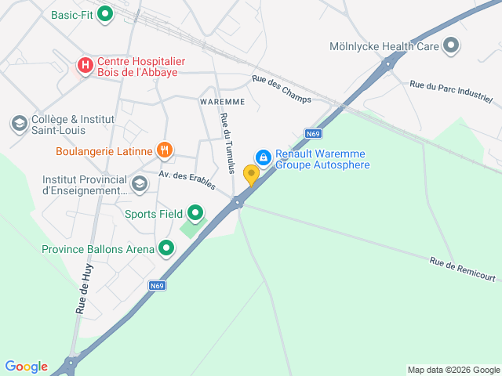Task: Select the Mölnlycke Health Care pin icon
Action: (x=451, y=46)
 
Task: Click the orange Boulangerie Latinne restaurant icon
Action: (x=164, y=150)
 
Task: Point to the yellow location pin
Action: (x=251, y=174)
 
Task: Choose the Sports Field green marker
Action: (x=195, y=213)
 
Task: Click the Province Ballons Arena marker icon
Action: (x=166, y=249)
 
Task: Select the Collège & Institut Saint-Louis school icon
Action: (x=19, y=124)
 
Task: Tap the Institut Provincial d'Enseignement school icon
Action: (x=140, y=184)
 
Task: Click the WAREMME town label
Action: (x=223, y=102)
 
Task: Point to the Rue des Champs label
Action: (x=282, y=89)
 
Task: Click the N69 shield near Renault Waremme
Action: (x=314, y=133)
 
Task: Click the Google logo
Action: (x=26, y=367)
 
